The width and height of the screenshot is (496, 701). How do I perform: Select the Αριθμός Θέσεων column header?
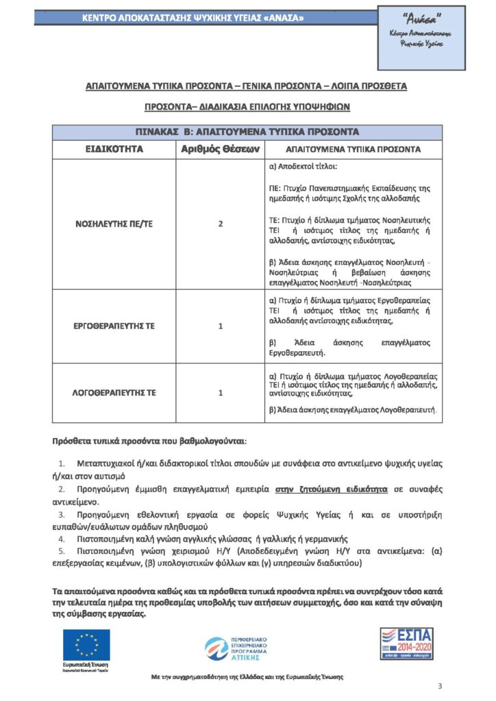coord(221,149)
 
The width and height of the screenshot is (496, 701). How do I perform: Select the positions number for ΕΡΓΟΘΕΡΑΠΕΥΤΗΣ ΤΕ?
coord(221,326)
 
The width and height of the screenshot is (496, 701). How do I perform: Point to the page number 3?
coord(440,687)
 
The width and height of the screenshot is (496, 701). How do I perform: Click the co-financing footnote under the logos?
coord(247,676)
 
